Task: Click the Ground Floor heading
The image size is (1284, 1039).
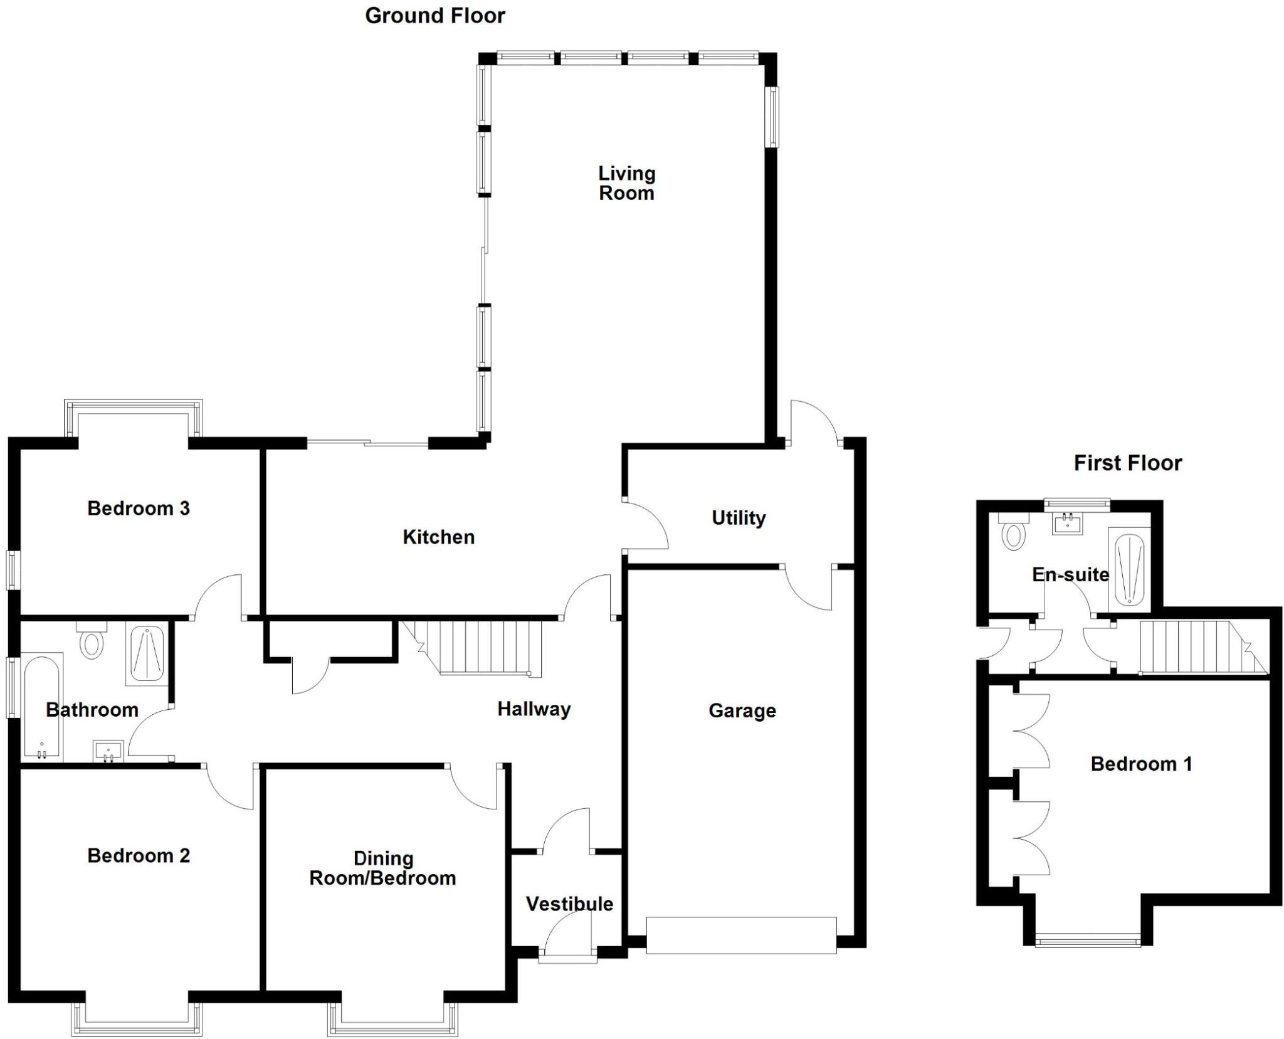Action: tap(435, 16)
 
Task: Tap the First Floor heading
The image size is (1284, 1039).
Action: tap(1127, 463)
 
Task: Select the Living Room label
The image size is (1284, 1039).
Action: tap(626, 183)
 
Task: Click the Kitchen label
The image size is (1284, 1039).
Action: tap(438, 537)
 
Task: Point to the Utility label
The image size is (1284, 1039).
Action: tap(739, 518)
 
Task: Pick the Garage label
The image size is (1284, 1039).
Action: tap(742, 710)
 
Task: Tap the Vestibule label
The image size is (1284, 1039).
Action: tap(569, 904)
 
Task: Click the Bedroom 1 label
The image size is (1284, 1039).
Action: tap(1141, 764)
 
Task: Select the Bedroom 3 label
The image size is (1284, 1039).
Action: tap(139, 508)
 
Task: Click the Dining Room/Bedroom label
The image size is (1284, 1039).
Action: tap(382, 868)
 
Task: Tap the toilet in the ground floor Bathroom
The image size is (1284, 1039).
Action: tap(92, 641)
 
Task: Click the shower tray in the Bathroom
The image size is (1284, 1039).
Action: tap(146, 653)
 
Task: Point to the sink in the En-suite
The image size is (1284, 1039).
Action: tap(1066, 523)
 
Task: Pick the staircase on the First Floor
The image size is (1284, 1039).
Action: tap(1191, 646)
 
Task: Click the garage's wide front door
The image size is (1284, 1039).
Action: tap(741, 935)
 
